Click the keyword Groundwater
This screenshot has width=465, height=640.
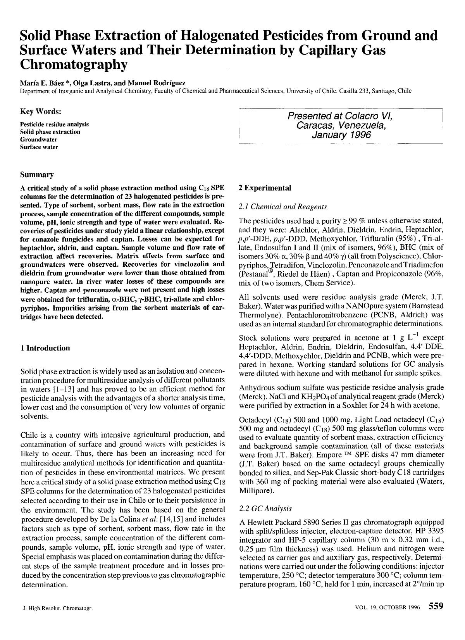[39, 140]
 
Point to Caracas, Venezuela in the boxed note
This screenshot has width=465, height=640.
[341, 125]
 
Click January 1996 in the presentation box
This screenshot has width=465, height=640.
[341, 135]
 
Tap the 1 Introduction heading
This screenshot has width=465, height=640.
[45, 348]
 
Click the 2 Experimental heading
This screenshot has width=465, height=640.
[265, 188]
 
